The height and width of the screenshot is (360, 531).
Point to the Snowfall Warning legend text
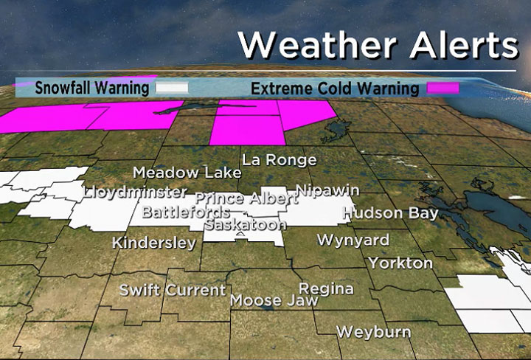click(92, 88)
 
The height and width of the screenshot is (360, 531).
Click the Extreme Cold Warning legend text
click(335, 89)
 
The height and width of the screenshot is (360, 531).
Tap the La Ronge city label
click(280, 159)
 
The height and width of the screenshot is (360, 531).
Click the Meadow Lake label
click(187, 173)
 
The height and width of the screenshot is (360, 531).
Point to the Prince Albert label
click(246, 198)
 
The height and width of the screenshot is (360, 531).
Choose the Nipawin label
click(327, 190)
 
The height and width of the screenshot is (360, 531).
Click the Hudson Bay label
click(391, 213)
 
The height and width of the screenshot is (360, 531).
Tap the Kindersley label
click(154, 243)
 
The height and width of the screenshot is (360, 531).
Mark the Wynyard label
click(353, 240)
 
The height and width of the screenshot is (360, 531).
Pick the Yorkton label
click(400, 263)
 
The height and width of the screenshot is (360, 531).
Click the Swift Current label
click(173, 290)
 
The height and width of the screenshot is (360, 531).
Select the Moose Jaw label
click(274, 300)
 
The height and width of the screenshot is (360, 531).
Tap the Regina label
click(325, 288)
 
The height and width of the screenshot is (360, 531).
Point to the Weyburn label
click(373, 332)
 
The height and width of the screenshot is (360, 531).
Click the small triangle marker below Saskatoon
click(240, 235)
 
